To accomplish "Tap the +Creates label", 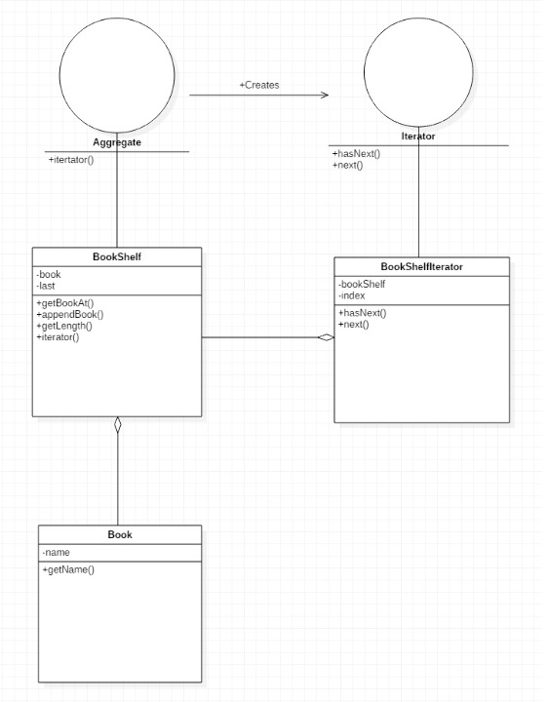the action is click(259, 85).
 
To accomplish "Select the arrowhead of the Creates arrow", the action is click(325, 95).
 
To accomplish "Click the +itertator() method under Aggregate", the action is click(71, 160).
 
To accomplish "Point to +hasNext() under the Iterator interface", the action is click(356, 154).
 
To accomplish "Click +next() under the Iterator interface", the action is click(348, 165).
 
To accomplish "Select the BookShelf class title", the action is click(117, 256).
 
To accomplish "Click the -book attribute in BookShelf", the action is click(49, 274).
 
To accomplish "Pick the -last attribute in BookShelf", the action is click(46, 286).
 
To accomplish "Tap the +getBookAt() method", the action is click(65, 303).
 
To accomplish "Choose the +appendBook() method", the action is click(70, 314).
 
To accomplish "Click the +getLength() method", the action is click(64, 326).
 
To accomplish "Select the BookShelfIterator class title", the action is click(422, 266).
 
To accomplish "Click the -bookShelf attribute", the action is click(362, 285).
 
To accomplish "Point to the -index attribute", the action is click(351, 295).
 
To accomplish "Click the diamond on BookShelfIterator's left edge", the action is click(326, 337).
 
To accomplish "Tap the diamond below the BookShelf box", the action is click(117, 425).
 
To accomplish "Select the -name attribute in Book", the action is click(56, 553).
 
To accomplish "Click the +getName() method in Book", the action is click(68, 570).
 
